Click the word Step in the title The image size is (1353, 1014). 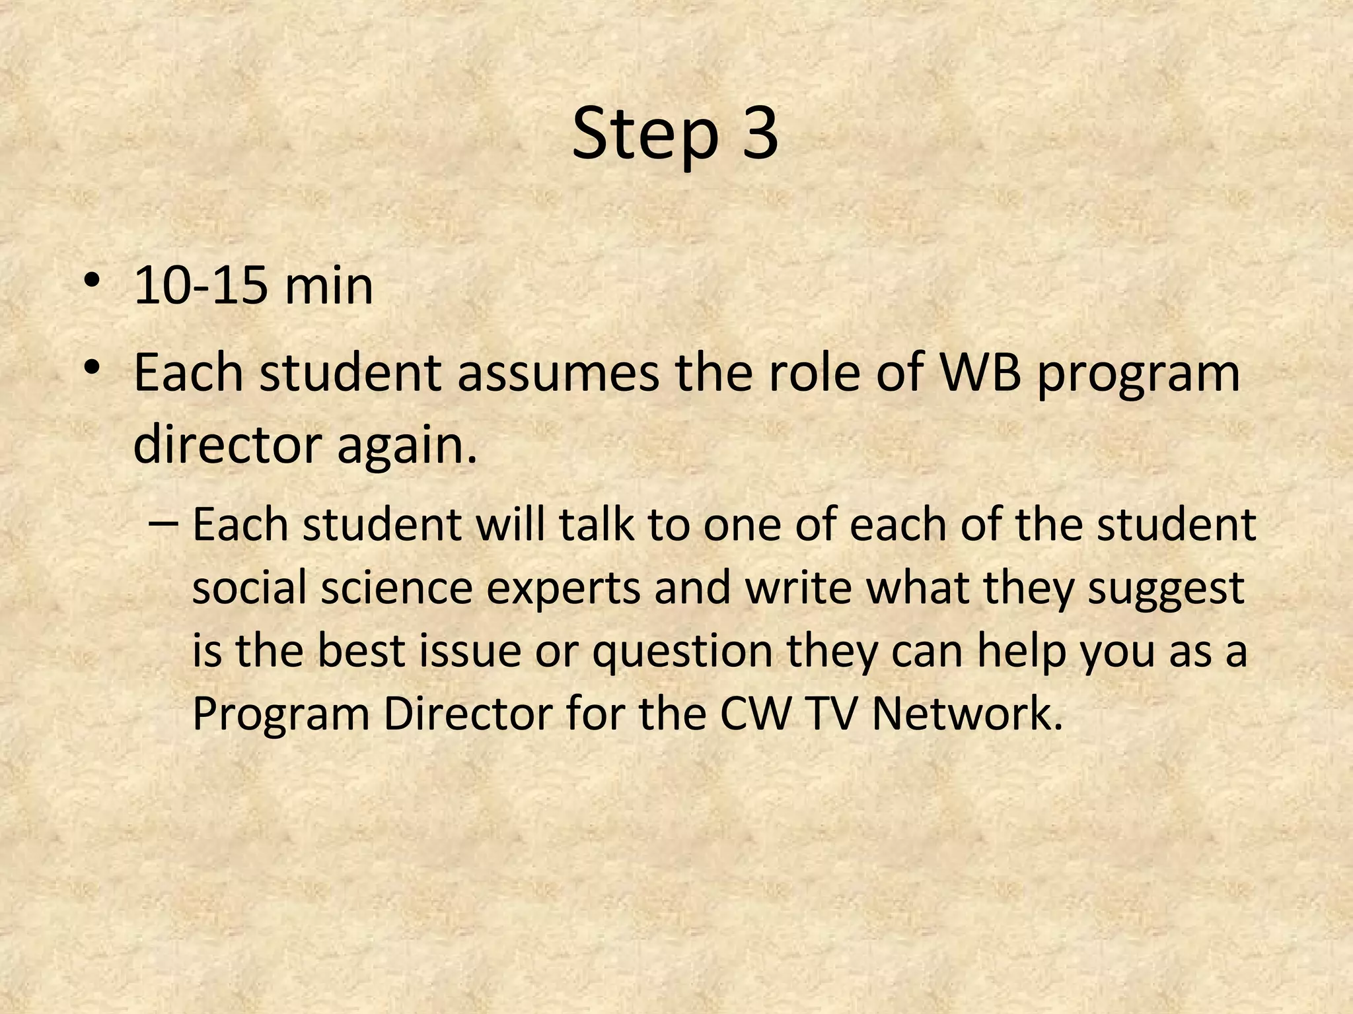644,135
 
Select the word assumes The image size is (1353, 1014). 558,373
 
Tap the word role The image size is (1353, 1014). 811,373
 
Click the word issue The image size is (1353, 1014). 468,650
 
